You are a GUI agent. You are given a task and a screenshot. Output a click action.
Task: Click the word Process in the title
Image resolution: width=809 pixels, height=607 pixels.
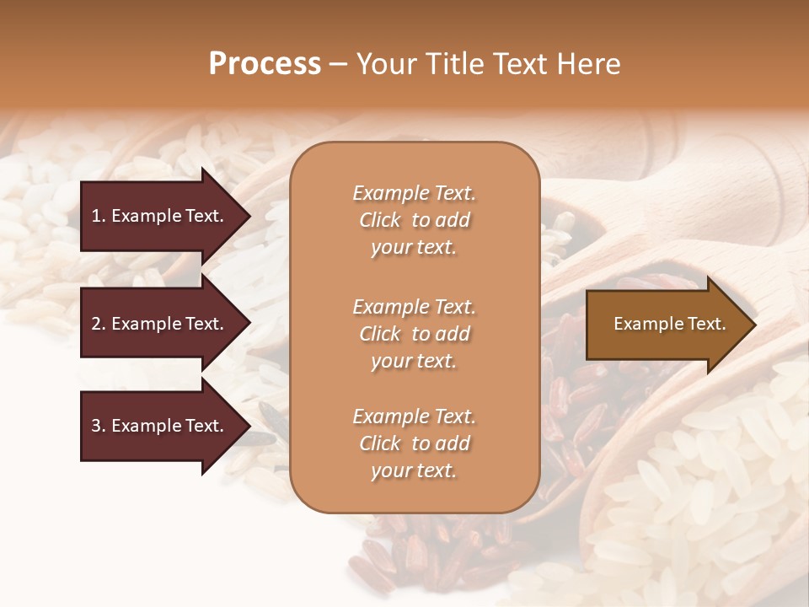pyautogui.click(x=265, y=64)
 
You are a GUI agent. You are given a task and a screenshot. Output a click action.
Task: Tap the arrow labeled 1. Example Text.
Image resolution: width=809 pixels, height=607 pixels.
pyautogui.click(x=157, y=216)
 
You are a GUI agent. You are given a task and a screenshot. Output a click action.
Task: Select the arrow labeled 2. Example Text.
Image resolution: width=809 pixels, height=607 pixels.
pyautogui.click(x=157, y=324)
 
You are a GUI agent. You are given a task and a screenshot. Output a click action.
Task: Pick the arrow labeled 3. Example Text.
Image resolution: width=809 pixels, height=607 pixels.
pyautogui.click(x=157, y=426)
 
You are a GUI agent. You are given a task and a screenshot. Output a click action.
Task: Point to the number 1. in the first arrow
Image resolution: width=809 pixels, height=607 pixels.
pyautogui.click(x=98, y=216)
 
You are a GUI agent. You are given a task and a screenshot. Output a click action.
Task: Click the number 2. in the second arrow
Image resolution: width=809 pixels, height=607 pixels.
pyautogui.click(x=98, y=324)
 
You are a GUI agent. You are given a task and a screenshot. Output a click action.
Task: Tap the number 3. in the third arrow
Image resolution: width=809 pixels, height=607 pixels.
pyautogui.click(x=98, y=426)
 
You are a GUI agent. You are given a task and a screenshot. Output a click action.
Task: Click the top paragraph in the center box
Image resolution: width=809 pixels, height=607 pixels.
pyautogui.click(x=414, y=220)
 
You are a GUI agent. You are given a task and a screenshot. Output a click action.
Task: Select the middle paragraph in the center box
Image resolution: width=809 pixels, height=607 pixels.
pyautogui.click(x=414, y=333)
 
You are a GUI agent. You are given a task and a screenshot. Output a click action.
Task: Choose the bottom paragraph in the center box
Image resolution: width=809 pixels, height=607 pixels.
pyautogui.click(x=414, y=443)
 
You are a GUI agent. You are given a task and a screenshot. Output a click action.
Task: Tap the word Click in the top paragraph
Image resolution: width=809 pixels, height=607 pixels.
pyautogui.click(x=380, y=220)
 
